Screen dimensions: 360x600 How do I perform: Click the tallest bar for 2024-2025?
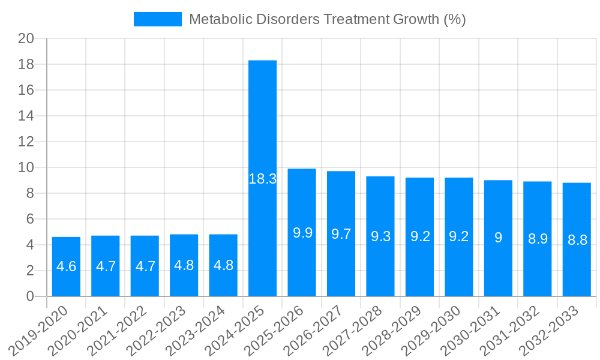click(262, 120)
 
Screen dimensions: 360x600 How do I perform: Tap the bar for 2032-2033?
click(577, 210)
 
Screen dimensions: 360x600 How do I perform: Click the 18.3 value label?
click(262, 179)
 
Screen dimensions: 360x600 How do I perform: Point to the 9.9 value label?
click(302, 233)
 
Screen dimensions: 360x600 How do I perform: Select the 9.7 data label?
click(341, 234)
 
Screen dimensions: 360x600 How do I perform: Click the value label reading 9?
click(498, 238)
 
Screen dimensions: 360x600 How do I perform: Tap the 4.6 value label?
click(66, 266)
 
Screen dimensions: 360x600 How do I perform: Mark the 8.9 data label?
click(538, 239)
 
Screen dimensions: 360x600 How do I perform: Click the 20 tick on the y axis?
click(26, 39)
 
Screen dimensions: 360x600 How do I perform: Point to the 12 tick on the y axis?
click(26, 142)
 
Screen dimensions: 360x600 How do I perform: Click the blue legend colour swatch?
click(158, 19)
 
